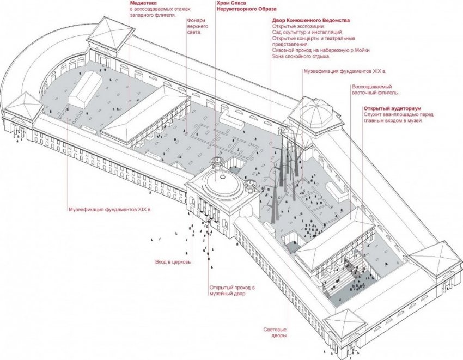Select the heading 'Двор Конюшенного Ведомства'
tap(310, 20)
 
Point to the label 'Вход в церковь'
tap(173, 263)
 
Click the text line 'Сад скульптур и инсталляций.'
tap(305, 32)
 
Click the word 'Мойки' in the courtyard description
tap(360, 50)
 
